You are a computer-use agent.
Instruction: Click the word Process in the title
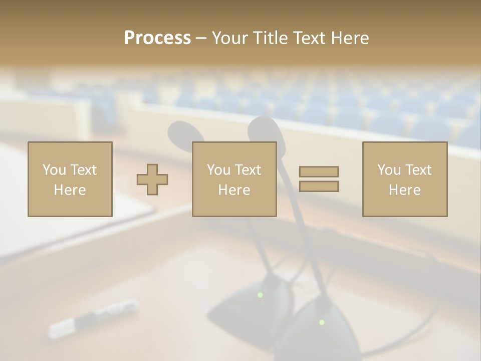pos(157,38)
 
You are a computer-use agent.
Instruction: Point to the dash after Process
pos(201,38)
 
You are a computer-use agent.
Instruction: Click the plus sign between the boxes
pos(152,179)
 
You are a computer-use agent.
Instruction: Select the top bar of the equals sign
pos(319,171)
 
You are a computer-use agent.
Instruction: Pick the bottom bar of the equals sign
pos(319,187)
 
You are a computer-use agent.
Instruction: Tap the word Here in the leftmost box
pos(70,190)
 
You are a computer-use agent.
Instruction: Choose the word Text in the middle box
pos(248,170)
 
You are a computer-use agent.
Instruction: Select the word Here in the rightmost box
pos(404,190)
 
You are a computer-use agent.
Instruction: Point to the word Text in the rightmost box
pos(418,170)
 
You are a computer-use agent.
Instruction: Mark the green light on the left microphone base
pos(260,295)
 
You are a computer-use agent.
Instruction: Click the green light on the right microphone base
pos(322,322)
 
